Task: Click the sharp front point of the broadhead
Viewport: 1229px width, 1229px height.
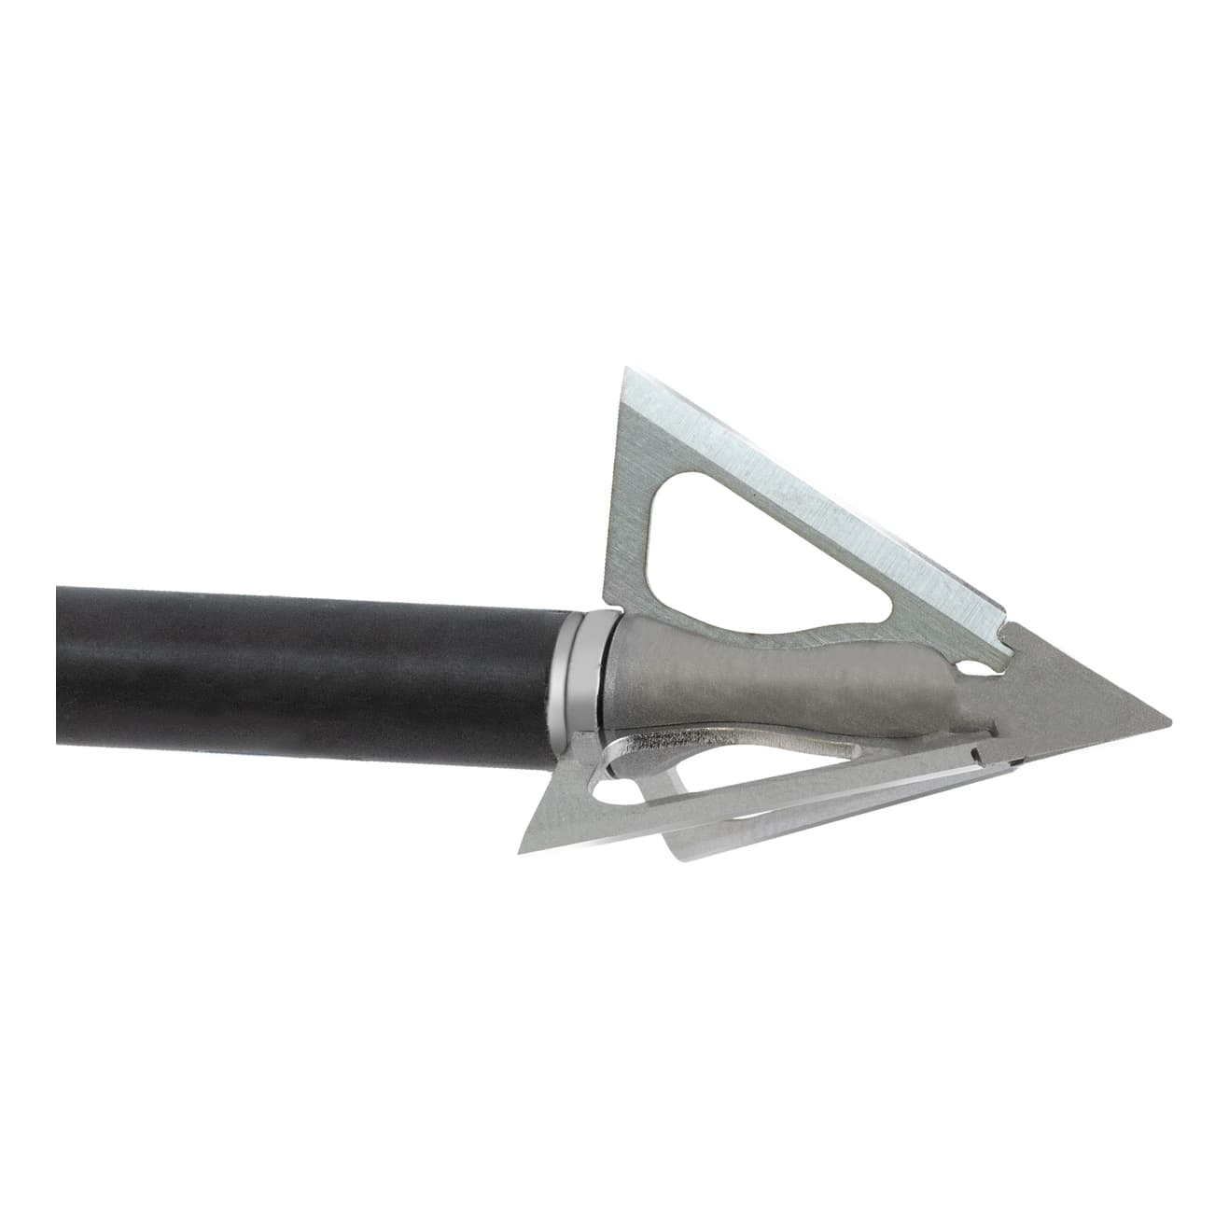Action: pos(1167,722)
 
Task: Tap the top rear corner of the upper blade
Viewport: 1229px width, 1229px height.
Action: pos(623,371)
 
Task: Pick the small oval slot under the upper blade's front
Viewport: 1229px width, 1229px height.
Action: pos(976,668)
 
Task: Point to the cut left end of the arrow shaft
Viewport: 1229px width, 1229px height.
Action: pos(59,664)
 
